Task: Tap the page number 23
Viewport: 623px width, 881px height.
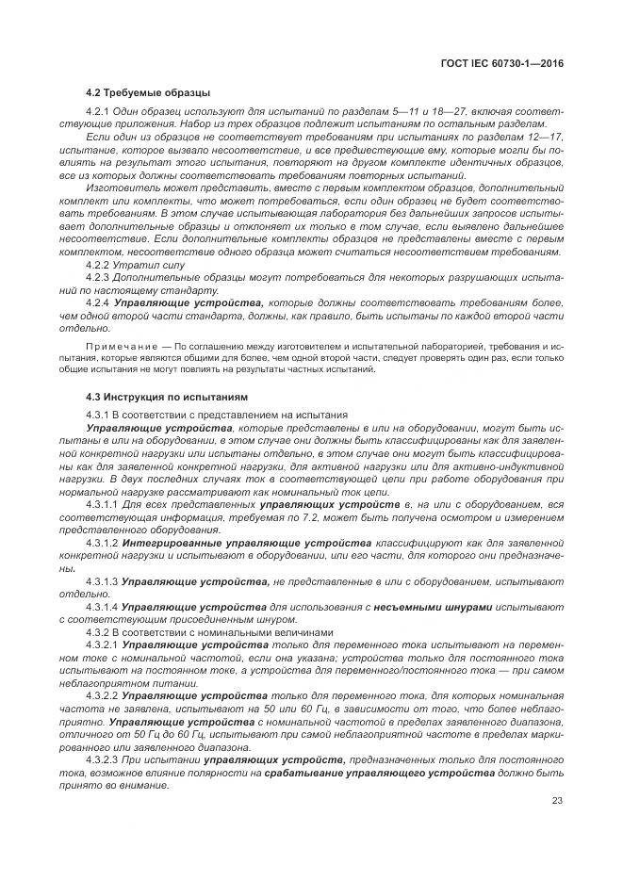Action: (556, 800)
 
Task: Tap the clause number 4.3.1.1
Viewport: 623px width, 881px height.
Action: (102, 506)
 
